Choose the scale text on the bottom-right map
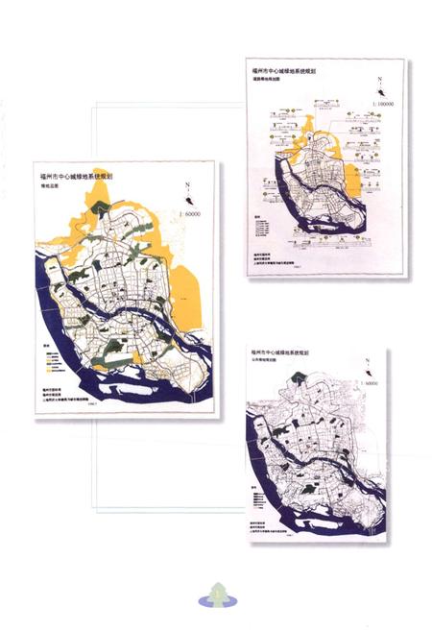pyautogui.click(x=374, y=382)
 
